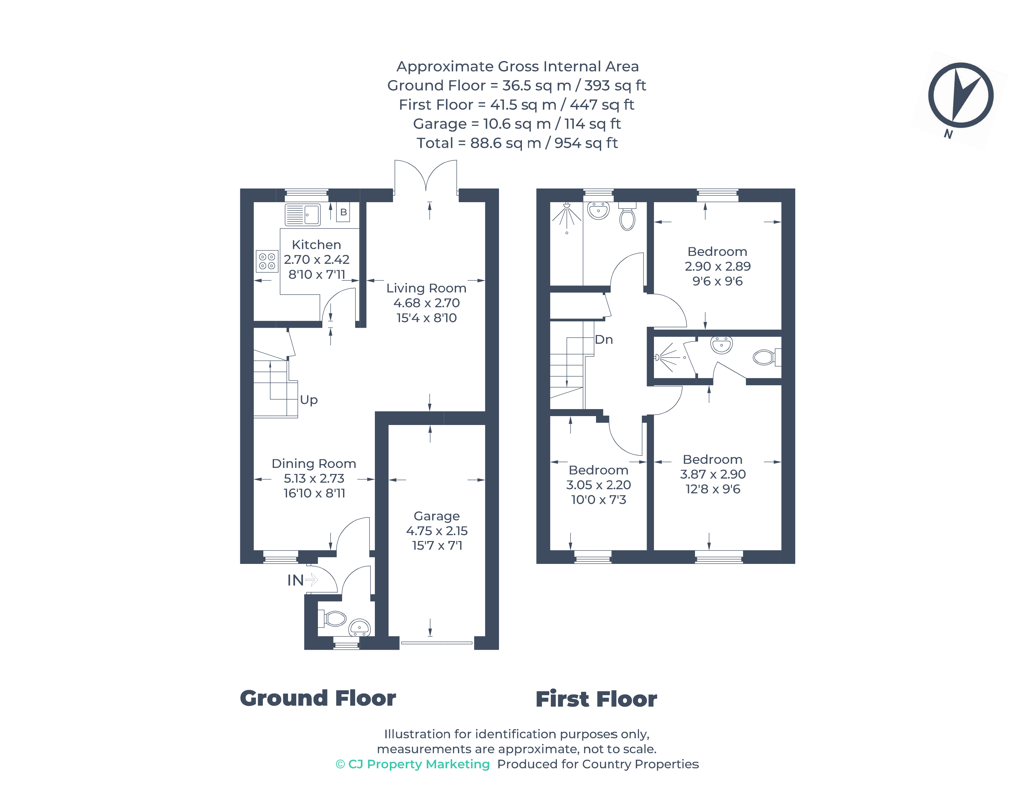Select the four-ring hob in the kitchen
(267, 261)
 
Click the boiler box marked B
(343, 212)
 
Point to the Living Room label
(426, 288)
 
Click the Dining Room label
(314, 463)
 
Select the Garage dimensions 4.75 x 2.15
(437, 531)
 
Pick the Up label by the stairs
(308, 400)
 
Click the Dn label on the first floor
(603, 339)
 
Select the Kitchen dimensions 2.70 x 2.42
(316, 259)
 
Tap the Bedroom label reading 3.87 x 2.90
(712, 459)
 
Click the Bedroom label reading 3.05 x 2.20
(598, 470)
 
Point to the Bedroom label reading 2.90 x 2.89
(717, 251)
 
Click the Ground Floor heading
(318, 698)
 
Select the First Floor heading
(596, 699)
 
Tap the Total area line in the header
(517, 143)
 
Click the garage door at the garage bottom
(436, 643)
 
